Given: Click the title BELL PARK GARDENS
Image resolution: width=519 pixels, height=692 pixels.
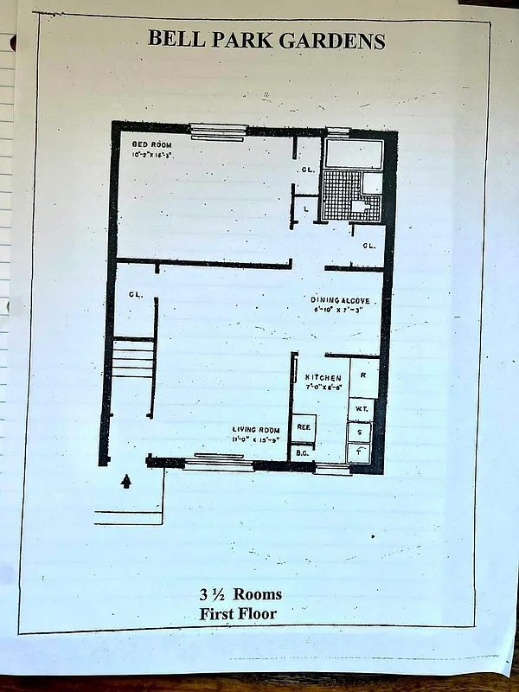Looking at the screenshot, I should [266, 40].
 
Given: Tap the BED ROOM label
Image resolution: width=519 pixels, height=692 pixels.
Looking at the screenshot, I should [150, 144].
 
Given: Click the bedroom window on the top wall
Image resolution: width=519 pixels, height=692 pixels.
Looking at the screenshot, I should [218, 131].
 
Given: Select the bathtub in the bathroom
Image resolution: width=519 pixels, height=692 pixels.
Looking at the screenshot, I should [352, 155].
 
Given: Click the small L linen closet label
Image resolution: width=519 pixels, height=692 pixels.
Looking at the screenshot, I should [306, 208].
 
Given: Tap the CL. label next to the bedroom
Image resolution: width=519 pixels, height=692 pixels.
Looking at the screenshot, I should [308, 170].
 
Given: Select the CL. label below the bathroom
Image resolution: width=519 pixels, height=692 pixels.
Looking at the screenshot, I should [368, 247].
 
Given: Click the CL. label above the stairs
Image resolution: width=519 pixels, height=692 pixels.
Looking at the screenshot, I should [136, 294].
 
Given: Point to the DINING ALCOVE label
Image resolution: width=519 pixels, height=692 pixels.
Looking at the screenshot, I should [342, 300].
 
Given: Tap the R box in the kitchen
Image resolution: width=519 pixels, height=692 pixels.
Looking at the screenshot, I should [362, 376].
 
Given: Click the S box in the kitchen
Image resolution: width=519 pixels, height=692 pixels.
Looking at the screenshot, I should [360, 432].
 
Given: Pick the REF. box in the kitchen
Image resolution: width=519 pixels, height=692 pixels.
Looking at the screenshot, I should [304, 426].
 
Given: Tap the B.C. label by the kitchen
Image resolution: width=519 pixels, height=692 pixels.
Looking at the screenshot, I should [303, 452].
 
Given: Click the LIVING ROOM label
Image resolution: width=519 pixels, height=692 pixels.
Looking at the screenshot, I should [253, 430].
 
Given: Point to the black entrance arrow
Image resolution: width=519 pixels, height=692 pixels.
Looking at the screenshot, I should [127, 481].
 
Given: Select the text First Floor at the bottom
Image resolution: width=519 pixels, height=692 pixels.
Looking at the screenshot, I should [240, 614].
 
